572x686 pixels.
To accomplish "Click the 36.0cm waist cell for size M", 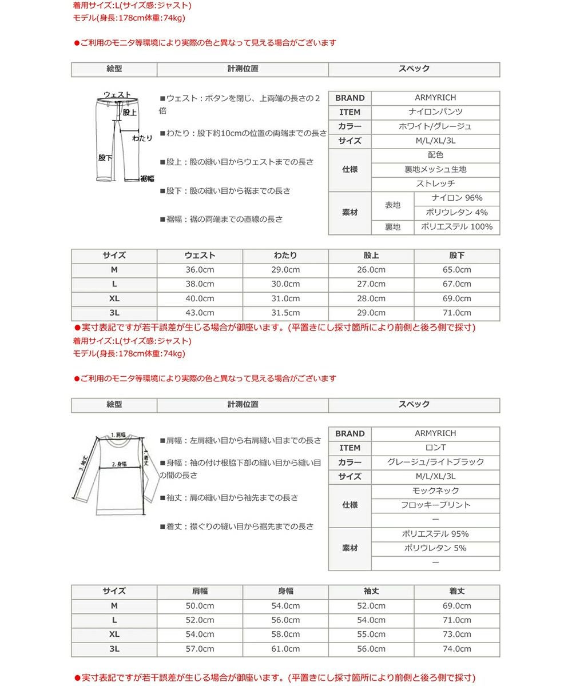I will (x=200, y=270).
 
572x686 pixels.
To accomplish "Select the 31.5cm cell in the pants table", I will (x=285, y=313).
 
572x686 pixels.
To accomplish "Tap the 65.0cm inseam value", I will (x=456, y=270).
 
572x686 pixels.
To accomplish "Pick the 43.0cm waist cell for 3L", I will (x=200, y=313).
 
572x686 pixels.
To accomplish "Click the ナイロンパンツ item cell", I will (x=435, y=112).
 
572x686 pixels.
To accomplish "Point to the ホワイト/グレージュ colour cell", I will (x=435, y=126).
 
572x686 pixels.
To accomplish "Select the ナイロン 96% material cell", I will (x=456, y=198).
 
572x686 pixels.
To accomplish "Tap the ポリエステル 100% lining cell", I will (x=456, y=227).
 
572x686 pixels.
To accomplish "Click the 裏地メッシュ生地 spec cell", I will (x=435, y=169).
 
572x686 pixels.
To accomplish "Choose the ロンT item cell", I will (x=435, y=448).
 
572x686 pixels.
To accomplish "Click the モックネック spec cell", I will (x=435, y=490).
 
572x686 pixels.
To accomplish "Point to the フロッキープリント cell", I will (x=435, y=505).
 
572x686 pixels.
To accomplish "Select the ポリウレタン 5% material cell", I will (x=435, y=548).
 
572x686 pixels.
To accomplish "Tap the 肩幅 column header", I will (x=200, y=591).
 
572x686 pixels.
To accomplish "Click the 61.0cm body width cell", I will (x=285, y=649).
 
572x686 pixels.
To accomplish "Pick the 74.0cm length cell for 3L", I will (x=456, y=649).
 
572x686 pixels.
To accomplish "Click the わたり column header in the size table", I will (x=285, y=256).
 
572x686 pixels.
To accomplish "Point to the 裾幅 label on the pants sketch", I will (x=147, y=178).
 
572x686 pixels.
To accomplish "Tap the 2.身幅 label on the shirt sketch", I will (x=119, y=464).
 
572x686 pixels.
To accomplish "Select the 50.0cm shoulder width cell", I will (x=200, y=606).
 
